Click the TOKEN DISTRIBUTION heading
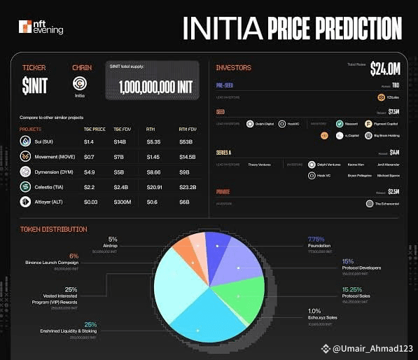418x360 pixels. pos(54,229)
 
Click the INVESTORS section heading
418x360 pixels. pos(234,68)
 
